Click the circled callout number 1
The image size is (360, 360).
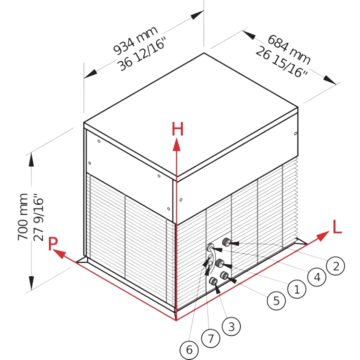(296, 289)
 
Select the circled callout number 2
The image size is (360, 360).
(336, 266)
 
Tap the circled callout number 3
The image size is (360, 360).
(231, 326)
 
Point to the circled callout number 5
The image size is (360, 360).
(276, 300)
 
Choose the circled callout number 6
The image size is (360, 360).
(189, 350)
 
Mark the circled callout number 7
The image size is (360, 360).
(210, 338)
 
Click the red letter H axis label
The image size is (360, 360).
(177, 129)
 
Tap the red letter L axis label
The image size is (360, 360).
(337, 227)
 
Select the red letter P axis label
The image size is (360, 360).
(52, 243)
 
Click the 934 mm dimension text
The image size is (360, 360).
(136, 41)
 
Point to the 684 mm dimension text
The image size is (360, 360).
(289, 49)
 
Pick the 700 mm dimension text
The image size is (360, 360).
(23, 217)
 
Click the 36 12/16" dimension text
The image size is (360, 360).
(142, 54)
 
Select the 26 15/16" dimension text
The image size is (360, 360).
(282, 62)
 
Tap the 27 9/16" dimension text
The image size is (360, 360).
(39, 219)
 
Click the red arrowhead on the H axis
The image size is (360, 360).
(176, 145)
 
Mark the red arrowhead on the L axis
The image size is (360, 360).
(322, 236)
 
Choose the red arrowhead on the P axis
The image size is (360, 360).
(59, 254)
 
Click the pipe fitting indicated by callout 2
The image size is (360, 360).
(226, 242)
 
